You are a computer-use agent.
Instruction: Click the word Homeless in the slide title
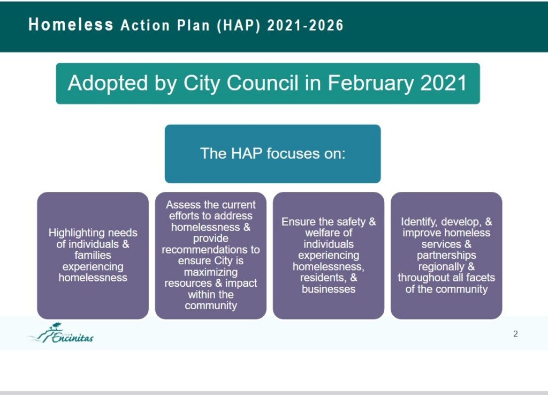[71, 25]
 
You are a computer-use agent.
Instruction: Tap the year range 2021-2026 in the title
[306, 25]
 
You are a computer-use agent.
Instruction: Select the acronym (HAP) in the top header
[239, 26]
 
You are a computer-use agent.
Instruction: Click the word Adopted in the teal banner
[108, 83]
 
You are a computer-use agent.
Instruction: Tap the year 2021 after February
[444, 83]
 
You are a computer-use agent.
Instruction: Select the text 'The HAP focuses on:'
[272, 154]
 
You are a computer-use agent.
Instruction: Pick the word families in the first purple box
[93, 255]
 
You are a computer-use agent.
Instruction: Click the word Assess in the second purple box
[180, 205]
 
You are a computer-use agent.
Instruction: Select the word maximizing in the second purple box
[211, 272]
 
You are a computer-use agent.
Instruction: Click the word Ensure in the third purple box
[297, 221]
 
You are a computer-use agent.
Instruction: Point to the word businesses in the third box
[329, 289]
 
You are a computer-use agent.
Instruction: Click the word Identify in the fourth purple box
[420, 222]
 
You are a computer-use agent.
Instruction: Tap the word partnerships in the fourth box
[446, 256]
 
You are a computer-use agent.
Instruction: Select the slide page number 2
[515, 334]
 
